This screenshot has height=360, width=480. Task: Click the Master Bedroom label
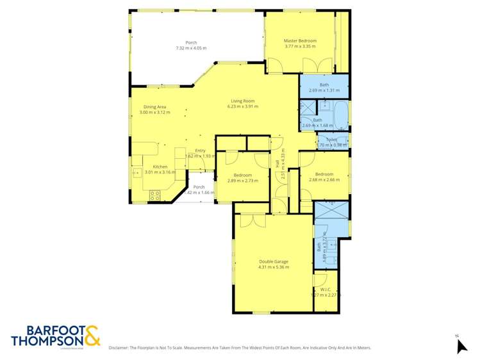300,41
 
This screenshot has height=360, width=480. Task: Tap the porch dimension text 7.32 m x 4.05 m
191,48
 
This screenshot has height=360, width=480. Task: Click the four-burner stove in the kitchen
154,196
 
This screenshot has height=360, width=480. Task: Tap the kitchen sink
137,172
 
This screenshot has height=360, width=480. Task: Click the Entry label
200,151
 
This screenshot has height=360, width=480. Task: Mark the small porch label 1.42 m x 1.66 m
199,193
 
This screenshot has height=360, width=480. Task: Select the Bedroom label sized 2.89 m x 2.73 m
242,175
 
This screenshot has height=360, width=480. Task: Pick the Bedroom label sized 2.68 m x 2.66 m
324,174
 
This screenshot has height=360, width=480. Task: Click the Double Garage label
274,261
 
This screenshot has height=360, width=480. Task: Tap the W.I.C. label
326,290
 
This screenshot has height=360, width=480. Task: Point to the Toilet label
331,139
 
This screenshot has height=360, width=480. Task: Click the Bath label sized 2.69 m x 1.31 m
324,85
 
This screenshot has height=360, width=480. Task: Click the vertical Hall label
277,163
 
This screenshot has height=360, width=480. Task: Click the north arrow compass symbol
461,345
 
